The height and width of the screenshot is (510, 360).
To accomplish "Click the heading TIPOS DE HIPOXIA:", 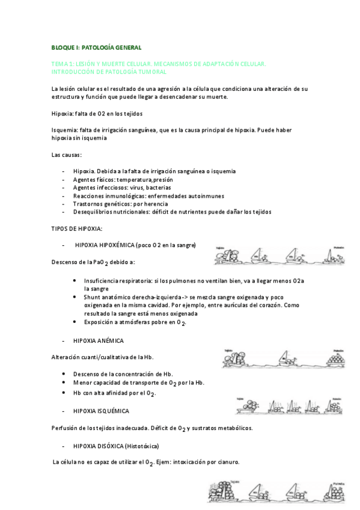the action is pyautogui.click(x=77, y=229).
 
